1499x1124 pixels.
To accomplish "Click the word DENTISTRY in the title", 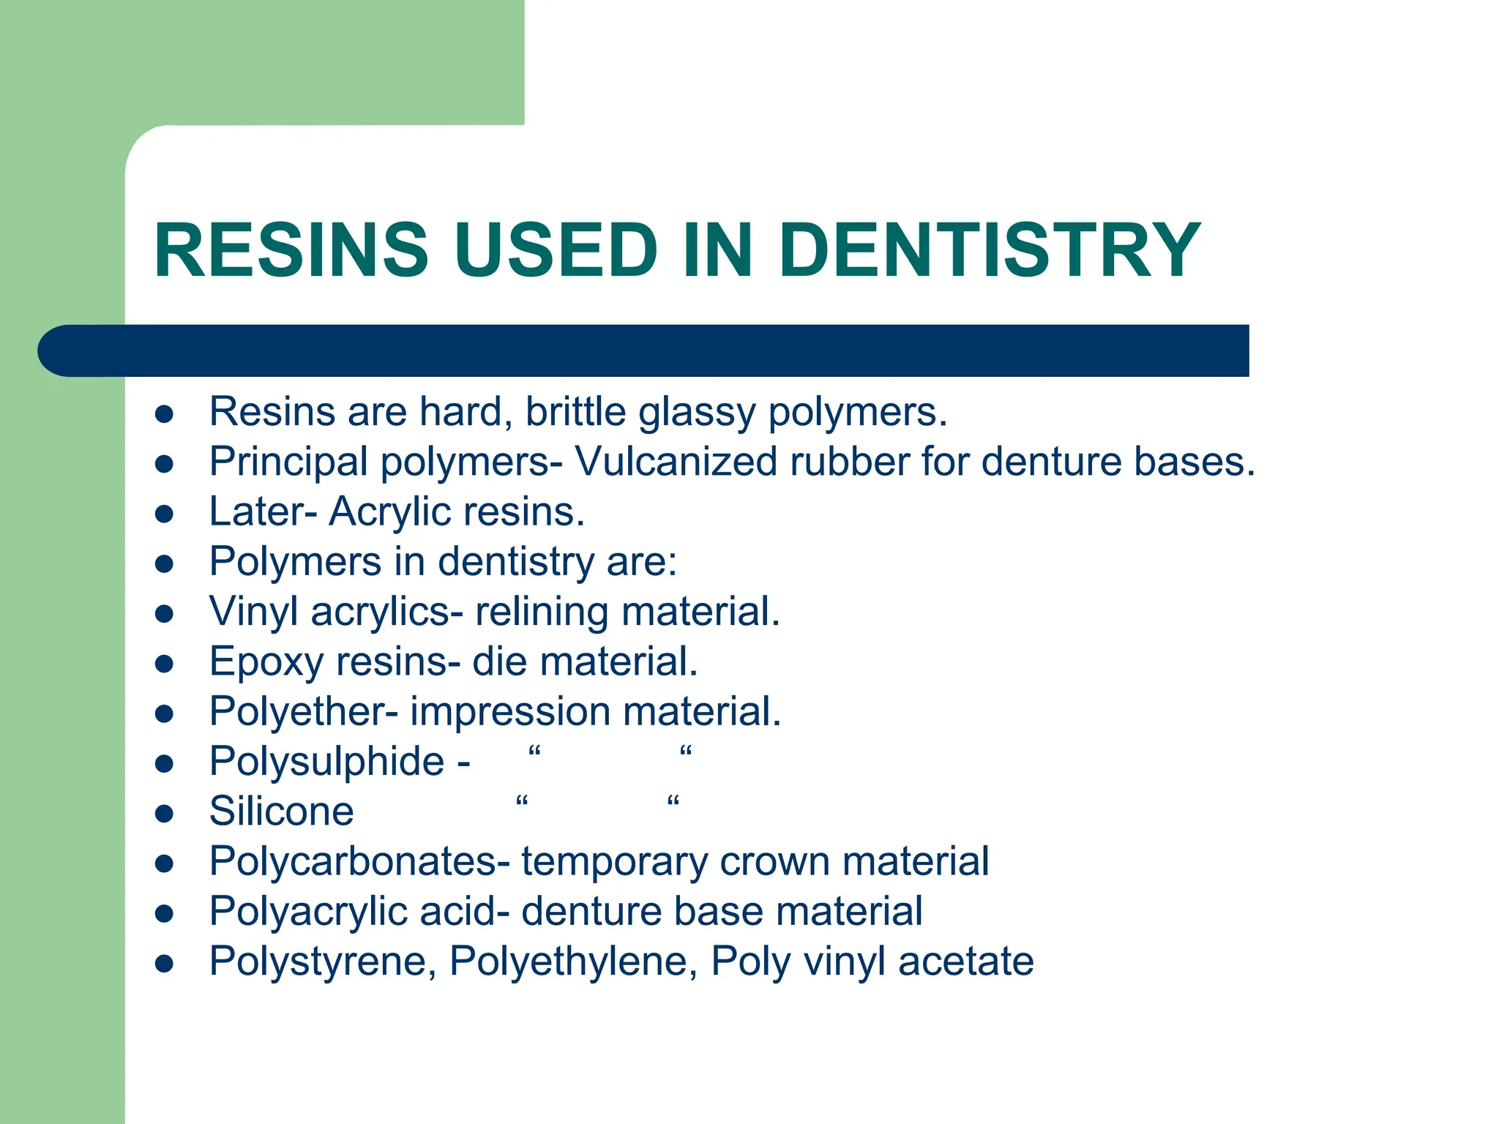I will [x=988, y=250].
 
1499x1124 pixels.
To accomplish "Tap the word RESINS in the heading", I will [x=291, y=250].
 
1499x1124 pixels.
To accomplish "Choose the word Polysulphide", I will [x=326, y=762].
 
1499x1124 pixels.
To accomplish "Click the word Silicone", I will [x=281, y=812].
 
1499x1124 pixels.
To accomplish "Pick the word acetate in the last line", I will [x=965, y=962].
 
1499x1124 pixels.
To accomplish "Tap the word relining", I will [x=541, y=612].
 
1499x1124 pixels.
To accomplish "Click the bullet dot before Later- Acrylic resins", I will [x=164, y=514].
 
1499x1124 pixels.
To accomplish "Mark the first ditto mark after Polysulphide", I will [x=534, y=752].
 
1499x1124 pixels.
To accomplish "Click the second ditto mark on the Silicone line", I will [x=673, y=801].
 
